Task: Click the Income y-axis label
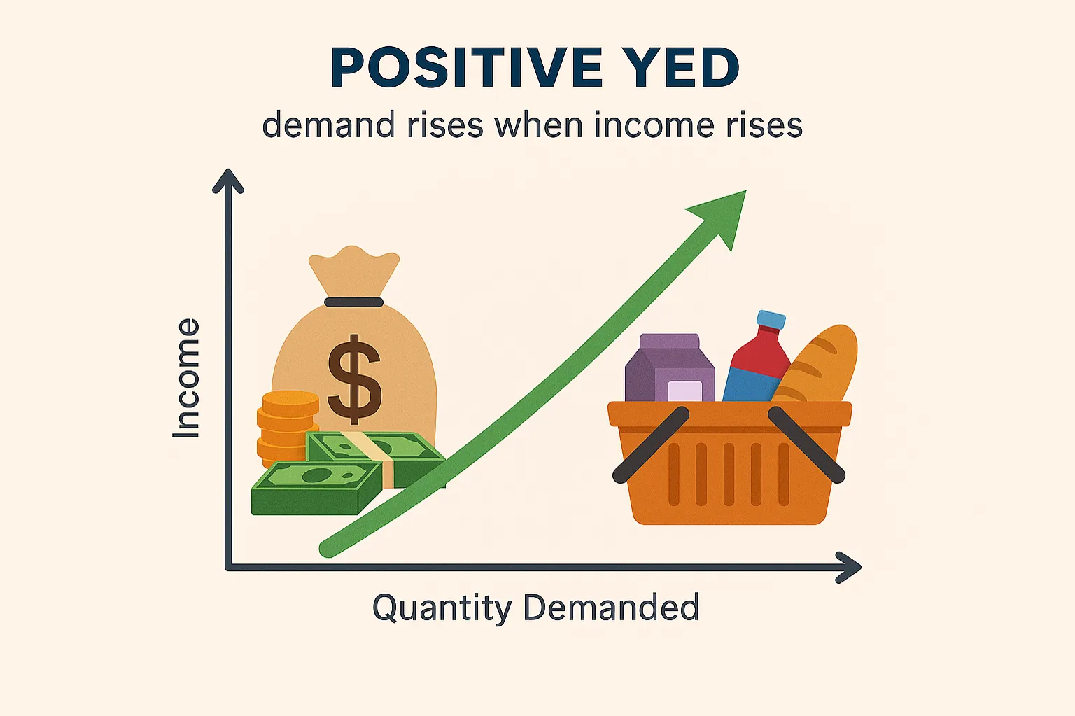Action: coord(187,379)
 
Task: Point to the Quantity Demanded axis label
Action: coord(535,607)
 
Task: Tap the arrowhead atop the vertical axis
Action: coord(228,181)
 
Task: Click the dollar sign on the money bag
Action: coord(355,379)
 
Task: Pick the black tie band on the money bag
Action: coord(354,302)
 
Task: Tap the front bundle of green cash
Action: coord(315,488)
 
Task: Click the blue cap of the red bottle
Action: coord(771,320)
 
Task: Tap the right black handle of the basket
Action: coord(806,444)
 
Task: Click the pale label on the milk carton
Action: coord(684,391)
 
